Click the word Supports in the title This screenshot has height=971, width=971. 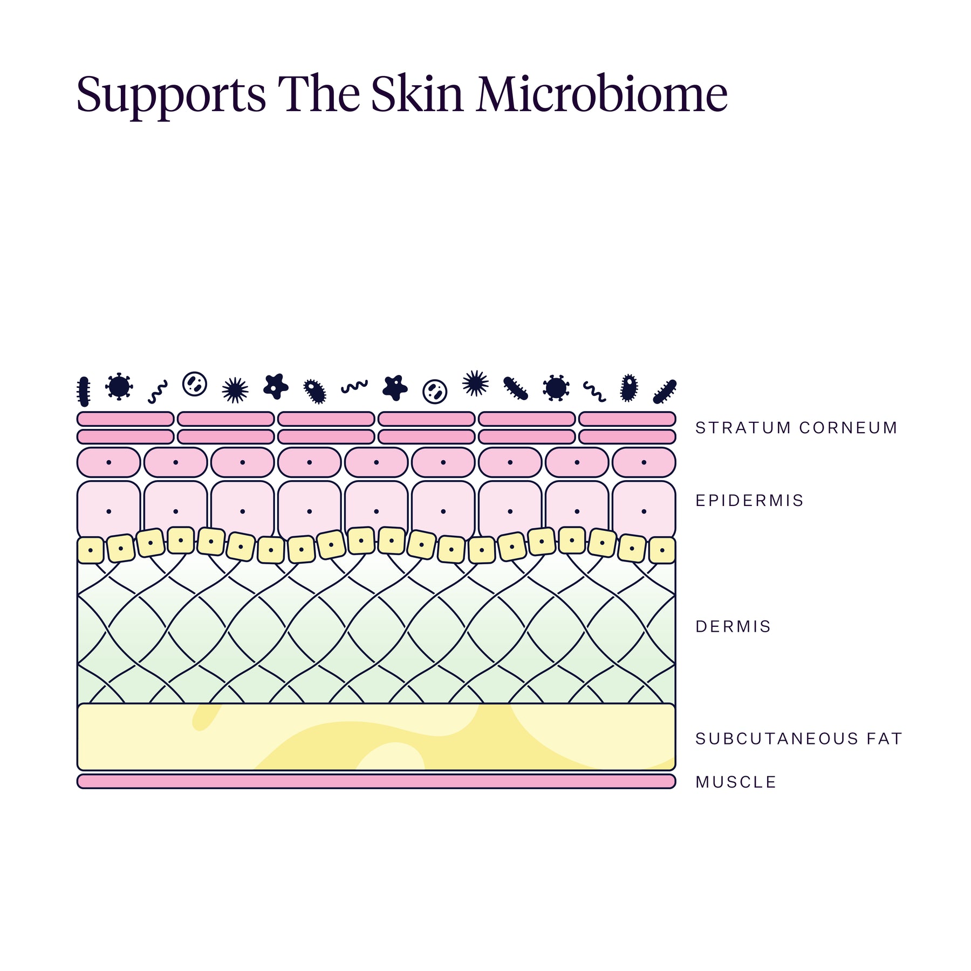point(172,95)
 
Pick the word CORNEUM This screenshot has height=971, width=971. point(848,428)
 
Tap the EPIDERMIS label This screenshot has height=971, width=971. point(749,501)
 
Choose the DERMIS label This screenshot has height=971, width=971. point(733,626)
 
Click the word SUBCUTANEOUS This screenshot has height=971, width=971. point(777,738)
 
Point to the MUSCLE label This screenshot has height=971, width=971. point(736,782)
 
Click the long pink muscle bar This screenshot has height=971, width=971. point(377,781)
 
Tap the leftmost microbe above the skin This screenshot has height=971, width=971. point(83,391)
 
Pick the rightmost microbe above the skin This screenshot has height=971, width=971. point(665,392)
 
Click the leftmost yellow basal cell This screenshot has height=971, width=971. point(91,550)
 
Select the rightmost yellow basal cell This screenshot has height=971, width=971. point(662,550)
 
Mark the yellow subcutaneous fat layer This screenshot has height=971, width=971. point(377,736)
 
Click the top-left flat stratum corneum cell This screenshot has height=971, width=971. point(126,419)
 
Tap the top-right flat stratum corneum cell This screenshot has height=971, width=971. point(627,419)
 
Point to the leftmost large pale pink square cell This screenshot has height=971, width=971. point(109,510)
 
